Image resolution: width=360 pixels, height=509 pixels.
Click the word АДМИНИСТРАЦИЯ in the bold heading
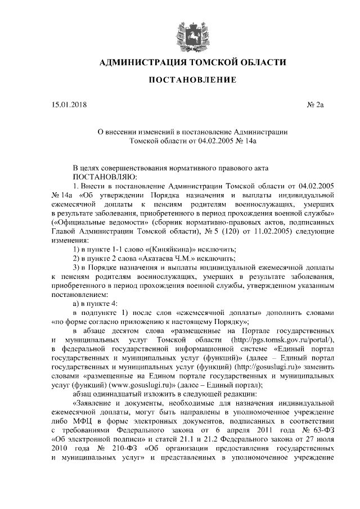pyautogui.click(x=142, y=62)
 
